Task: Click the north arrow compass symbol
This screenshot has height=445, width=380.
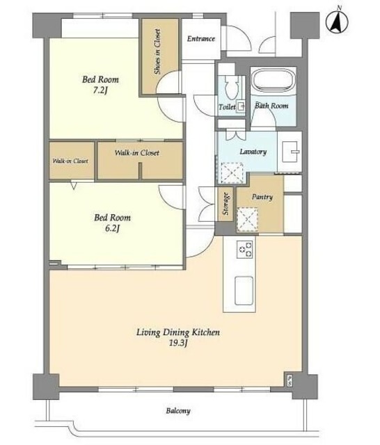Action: (x=337, y=21)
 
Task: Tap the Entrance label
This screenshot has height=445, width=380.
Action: (x=201, y=39)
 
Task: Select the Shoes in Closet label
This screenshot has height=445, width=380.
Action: (x=157, y=51)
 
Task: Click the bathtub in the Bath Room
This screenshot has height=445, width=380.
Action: (x=274, y=81)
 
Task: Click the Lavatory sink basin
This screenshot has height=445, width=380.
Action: (x=290, y=152)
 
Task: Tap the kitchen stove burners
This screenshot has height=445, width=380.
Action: (x=245, y=249)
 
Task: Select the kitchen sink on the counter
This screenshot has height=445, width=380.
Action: (x=244, y=291)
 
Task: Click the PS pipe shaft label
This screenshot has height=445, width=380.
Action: (x=290, y=380)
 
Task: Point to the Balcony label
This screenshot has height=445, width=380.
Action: (x=178, y=411)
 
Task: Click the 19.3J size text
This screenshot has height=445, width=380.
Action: (x=178, y=343)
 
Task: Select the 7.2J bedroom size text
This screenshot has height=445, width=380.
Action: (x=100, y=90)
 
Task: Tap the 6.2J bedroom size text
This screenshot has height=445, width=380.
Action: (x=112, y=228)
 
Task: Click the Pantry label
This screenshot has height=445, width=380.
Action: (x=262, y=197)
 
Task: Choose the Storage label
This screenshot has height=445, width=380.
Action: (x=225, y=204)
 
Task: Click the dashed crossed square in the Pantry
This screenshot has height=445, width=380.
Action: (x=248, y=220)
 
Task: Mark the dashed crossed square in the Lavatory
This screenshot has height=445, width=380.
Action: (x=232, y=173)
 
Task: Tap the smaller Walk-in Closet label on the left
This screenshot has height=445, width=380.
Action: (x=70, y=161)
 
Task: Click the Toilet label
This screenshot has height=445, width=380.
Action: (x=227, y=107)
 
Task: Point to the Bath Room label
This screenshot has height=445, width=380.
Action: (x=271, y=106)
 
